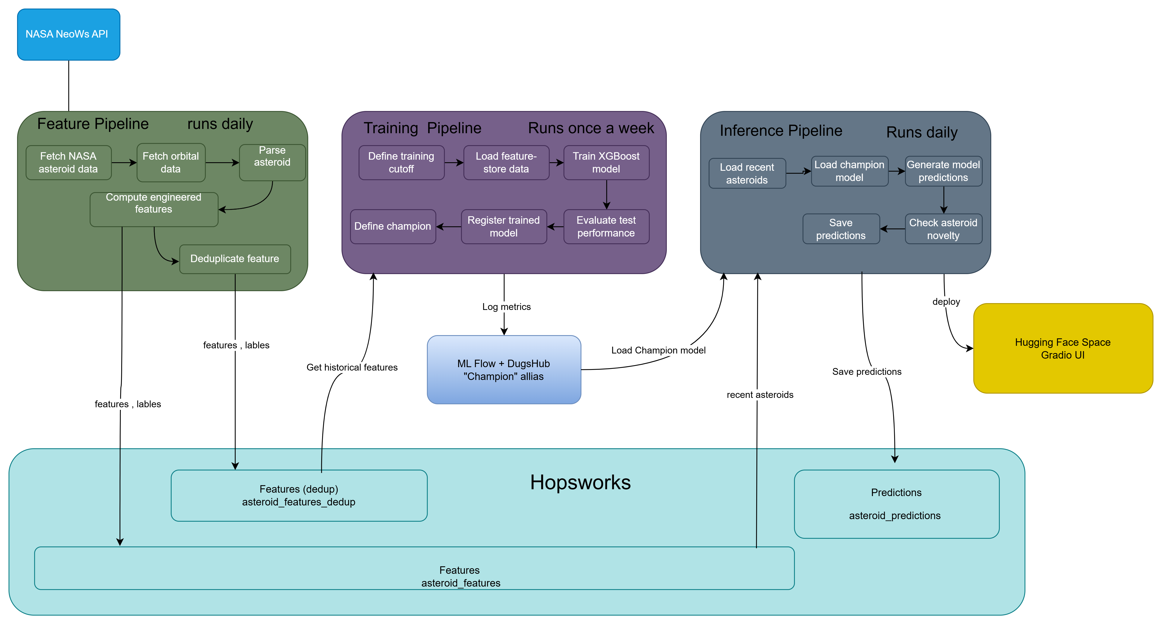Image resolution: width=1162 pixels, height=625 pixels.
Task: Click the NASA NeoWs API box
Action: click(69, 34)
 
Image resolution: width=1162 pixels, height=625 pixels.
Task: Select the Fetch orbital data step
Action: click(171, 162)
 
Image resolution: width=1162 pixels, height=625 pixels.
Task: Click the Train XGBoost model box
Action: click(606, 162)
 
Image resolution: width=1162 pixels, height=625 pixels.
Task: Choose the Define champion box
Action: click(393, 226)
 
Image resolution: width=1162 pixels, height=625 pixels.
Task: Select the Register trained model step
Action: click(504, 226)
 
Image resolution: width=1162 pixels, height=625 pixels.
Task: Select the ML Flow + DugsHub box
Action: click(504, 369)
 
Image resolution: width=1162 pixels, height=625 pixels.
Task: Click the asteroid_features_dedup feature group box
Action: click(299, 495)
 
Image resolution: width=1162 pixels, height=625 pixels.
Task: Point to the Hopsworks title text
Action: click(581, 482)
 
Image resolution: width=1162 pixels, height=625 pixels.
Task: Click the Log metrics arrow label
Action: click(507, 307)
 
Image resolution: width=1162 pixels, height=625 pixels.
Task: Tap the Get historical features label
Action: click(352, 367)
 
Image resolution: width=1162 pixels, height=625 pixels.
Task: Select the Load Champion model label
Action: click(658, 350)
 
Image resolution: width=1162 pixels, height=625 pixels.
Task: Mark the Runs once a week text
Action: click(591, 128)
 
